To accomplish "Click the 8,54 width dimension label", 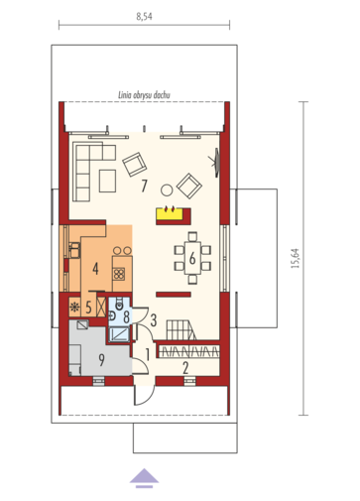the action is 144,16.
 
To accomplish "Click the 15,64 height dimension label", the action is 296,258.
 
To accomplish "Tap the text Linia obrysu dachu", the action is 144,95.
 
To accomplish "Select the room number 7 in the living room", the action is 144,186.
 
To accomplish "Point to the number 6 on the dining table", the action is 192,258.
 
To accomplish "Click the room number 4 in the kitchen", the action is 95,269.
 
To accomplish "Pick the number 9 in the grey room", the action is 101,359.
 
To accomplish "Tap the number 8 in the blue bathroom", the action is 126,316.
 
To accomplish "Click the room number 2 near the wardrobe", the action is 185,368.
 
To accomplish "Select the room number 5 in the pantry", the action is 88,308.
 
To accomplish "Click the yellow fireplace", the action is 170,212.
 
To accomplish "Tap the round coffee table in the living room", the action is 167,189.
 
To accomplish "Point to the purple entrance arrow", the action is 144,478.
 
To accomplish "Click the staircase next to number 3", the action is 181,329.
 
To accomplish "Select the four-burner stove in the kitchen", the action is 118,274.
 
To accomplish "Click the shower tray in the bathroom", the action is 119,334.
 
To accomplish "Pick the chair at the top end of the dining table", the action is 192,237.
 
